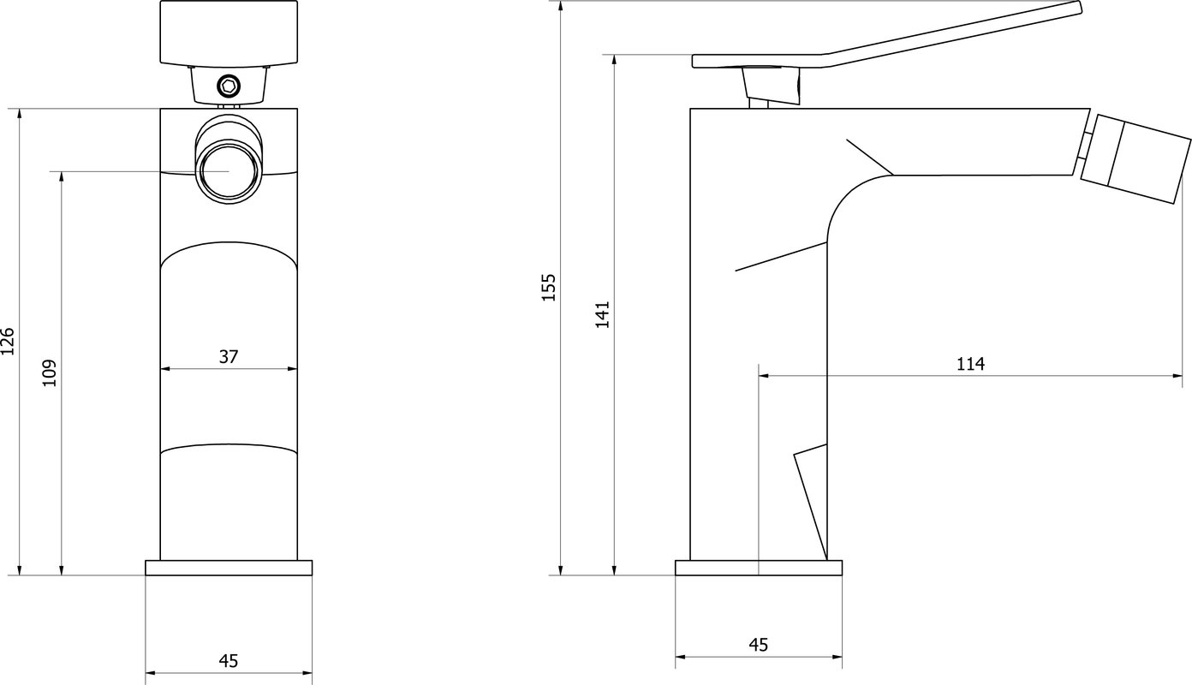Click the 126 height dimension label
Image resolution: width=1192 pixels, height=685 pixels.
point(8,341)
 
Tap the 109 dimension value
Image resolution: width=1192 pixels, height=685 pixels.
point(49,373)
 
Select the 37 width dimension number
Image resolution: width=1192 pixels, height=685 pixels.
point(229,356)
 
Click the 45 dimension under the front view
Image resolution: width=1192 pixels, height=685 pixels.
point(229,660)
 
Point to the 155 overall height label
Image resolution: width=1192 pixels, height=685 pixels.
point(549,288)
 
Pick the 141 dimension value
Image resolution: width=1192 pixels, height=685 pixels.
point(602,314)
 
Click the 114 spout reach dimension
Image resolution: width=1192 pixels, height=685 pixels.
point(970,364)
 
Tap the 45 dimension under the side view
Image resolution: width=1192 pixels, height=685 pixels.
point(759,645)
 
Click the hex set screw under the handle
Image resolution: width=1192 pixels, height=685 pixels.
point(229,86)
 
